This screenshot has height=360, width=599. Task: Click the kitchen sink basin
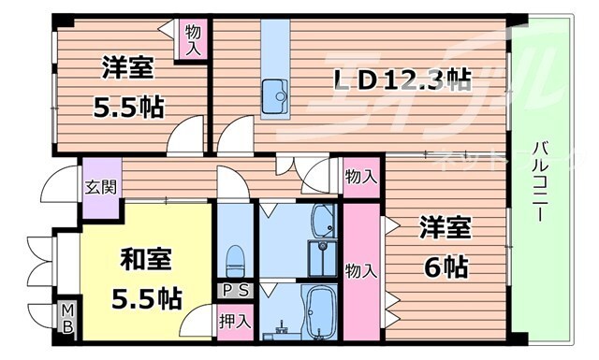pos(275,94)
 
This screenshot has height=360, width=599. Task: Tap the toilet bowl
pos(235,255)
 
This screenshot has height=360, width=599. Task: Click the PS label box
pos(234,291)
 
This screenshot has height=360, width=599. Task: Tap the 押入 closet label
pos(235,321)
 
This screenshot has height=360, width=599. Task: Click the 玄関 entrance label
pos(101,185)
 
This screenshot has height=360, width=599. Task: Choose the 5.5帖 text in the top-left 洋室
pos(128,107)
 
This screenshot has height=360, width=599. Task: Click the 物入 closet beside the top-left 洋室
pos(191,39)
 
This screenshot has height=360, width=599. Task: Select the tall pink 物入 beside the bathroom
pos(361,271)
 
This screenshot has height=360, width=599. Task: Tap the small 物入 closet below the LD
pos(361,176)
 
